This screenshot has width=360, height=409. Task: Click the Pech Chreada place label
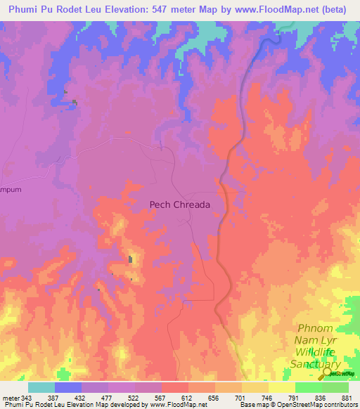pyautogui.click(x=180, y=204)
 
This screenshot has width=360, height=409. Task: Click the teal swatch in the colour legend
pyautogui.click(x=41, y=388)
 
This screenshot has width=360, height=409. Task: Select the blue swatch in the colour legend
pyautogui.click(x=68, y=388)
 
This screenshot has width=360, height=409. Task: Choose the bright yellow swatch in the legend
pyautogui.click(x=281, y=388)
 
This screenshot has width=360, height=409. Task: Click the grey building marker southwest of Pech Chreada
pyautogui.click(x=130, y=260)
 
